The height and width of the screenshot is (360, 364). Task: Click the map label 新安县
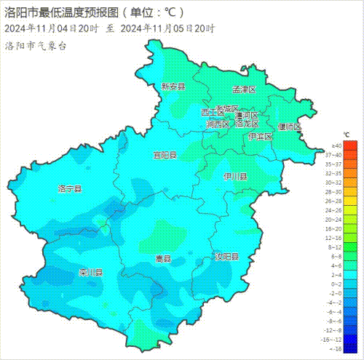coord(173,86)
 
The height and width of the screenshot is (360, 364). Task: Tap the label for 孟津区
coord(244,89)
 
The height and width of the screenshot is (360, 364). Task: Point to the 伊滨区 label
coord(260,136)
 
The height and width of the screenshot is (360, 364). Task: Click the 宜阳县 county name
coord(165,155)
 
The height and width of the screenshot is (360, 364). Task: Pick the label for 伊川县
coord(234,177)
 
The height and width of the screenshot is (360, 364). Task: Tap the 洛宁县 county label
coord(70,188)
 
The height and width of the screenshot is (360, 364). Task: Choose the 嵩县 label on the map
coord(163,259)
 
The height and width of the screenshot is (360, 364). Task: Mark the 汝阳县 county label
coord(226,257)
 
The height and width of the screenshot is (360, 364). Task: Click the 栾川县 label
coord(91,273)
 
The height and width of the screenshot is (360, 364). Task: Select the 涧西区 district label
coord(217,124)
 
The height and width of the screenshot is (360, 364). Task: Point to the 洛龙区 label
coord(247,124)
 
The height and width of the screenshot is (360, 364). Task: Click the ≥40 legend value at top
coord(336,145)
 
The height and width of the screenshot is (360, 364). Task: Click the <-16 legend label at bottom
coord(336,348)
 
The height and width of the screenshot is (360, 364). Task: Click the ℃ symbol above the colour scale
coord(347,135)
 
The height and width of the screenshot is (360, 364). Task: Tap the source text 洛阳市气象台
coord(36,45)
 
